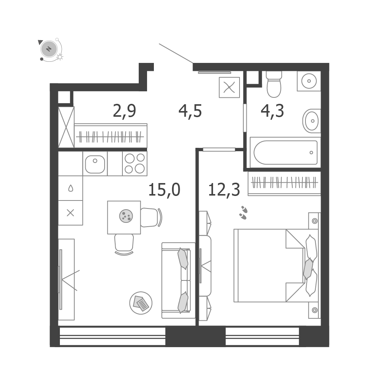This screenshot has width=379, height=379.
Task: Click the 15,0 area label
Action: tap(164, 190)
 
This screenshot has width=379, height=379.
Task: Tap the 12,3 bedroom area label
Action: tap(224, 190)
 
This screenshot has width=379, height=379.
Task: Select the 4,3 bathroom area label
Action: tap(273, 111)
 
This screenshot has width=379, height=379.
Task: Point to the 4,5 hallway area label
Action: tap(190, 111)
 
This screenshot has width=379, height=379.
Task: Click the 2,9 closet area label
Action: tap(124, 111)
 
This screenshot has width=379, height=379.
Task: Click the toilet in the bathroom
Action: tap(274, 85)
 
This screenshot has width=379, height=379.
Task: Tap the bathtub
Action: tap(285, 152)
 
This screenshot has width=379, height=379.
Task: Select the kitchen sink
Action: tap(95, 164)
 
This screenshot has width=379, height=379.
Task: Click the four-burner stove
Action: tap(135, 163)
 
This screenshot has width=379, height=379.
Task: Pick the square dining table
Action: tap(124, 217)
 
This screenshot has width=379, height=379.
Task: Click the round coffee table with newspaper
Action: tap(141, 303)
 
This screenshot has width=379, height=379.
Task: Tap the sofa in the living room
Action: tap(179, 280)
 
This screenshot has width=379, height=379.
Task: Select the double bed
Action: tap(276, 266)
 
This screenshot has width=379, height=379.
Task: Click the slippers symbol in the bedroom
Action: tap(243, 213)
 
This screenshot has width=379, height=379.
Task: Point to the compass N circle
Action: tap(49, 49)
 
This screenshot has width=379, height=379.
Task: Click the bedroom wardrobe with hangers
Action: tap(284, 183)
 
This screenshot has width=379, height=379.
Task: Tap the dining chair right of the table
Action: tap(151, 218)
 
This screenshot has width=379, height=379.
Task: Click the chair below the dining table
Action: tap(124, 244)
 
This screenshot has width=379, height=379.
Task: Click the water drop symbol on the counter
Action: tap(70, 188)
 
